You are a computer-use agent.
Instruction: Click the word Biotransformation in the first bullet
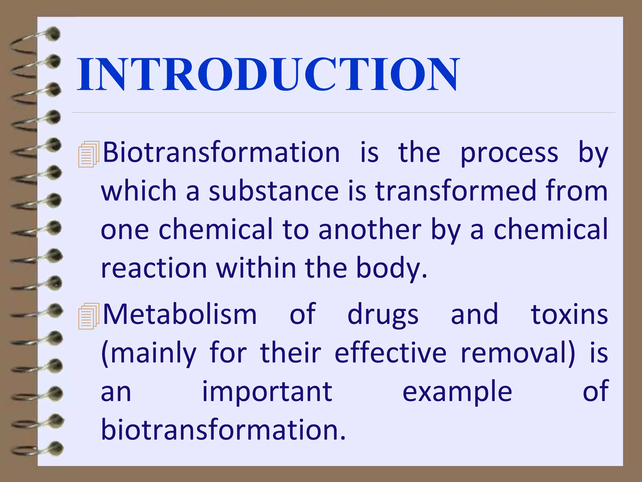(x=221, y=153)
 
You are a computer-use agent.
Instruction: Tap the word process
(x=509, y=153)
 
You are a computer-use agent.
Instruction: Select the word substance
(x=274, y=191)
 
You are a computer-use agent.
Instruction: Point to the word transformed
(x=456, y=191)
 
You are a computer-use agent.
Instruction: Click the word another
(x=370, y=230)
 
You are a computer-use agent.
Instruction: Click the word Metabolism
(x=180, y=314)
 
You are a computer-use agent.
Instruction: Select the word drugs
(x=383, y=315)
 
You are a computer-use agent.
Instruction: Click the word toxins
(x=569, y=314)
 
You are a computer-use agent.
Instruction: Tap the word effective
(x=390, y=353)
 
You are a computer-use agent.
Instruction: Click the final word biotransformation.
(x=223, y=430)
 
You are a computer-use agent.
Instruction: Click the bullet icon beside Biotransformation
(x=88, y=154)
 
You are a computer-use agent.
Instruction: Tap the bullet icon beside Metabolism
(x=88, y=316)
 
